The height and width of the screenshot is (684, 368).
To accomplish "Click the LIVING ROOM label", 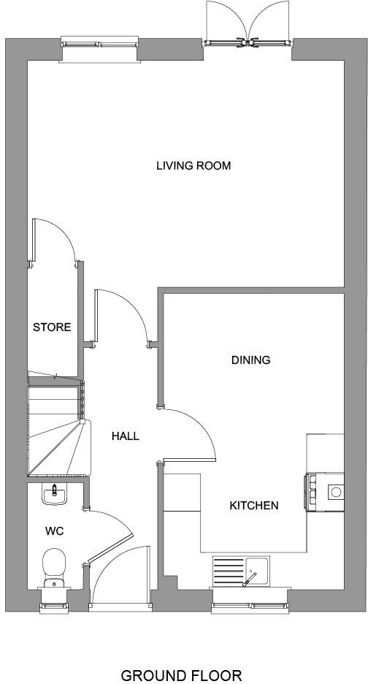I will pyautogui.click(x=193, y=166).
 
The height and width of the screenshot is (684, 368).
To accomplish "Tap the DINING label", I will pyautogui.click(x=250, y=360).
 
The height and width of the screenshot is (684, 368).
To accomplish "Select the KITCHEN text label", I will pyautogui.click(x=254, y=505).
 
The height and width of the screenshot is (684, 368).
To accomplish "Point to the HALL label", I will pyautogui.click(x=125, y=436).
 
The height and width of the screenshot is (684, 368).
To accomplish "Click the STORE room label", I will pyautogui.click(x=52, y=327).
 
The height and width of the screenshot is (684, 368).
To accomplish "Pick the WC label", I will pyautogui.click(x=55, y=531).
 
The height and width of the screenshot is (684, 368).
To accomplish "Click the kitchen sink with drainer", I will pyautogui.click(x=241, y=570).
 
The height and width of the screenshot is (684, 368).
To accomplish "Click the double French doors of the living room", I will pyautogui.click(x=249, y=26).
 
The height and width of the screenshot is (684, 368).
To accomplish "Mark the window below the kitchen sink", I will pyautogui.click(x=250, y=605).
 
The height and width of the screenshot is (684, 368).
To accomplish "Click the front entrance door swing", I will pyautogui.click(x=117, y=577).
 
